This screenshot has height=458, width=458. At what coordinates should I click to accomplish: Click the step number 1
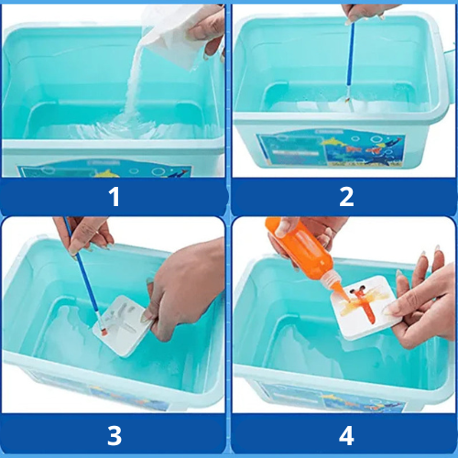(114, 197)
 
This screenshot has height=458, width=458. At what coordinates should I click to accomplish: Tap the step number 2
(346, 197)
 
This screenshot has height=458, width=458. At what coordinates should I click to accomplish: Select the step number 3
(114, 436)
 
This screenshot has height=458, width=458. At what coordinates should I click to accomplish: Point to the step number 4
(346, 436)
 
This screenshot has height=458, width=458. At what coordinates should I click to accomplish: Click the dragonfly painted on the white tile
(365, 302)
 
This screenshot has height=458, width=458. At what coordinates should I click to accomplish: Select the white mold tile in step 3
(122, 325)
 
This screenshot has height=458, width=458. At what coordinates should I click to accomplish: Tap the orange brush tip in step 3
(104, 332)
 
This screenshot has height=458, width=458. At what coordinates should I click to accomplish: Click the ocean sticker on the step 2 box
(332, 149)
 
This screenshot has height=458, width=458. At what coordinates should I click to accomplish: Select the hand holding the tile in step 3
(183, 287)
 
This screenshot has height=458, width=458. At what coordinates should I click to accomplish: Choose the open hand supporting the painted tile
(424, 302)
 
